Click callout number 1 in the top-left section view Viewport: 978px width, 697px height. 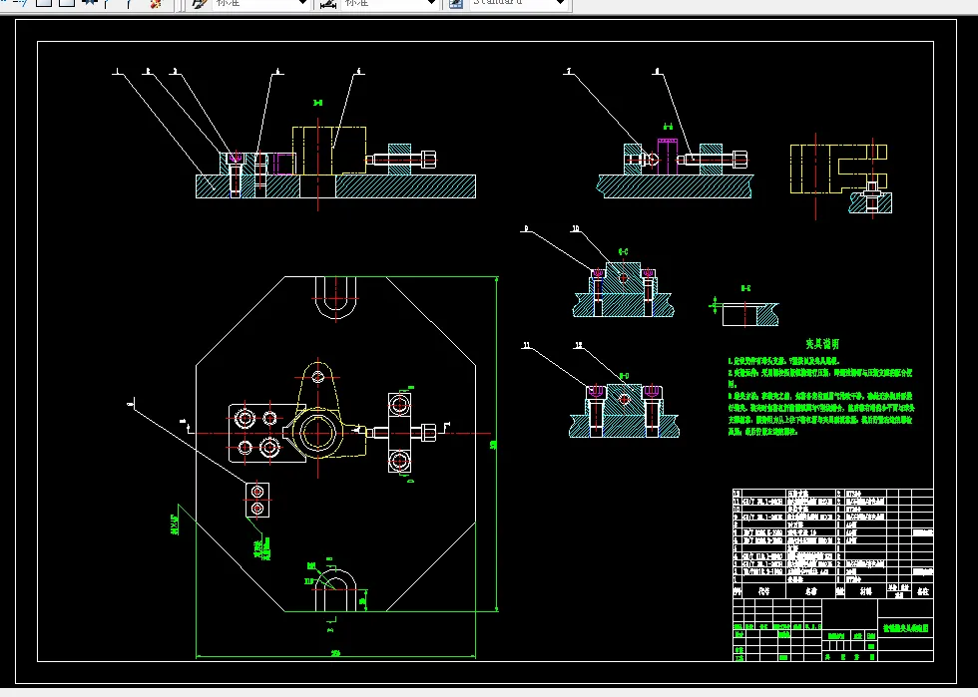point(116,72)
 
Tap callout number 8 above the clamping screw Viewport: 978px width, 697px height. point(657,72)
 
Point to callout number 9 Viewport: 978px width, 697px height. point(526,230)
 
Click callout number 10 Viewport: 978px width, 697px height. point(575,229)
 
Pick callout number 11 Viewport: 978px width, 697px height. point(526,346)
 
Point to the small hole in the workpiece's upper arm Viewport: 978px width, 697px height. point(317,376)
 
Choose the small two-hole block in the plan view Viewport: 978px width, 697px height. point(258,500)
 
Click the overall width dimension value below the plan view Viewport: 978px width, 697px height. point(334,652)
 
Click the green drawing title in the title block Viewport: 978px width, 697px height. point(904,629)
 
